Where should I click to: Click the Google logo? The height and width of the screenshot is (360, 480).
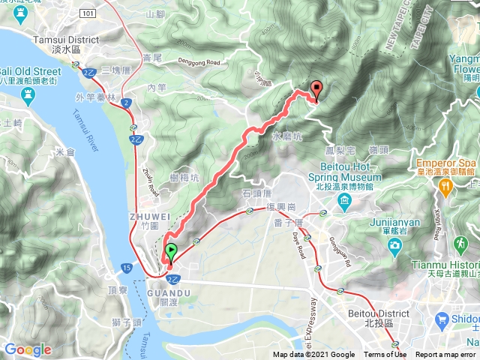pos(28,349)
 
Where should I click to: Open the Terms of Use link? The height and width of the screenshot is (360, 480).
pos(385,355)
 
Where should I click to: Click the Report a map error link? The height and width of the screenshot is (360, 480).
pos(445,355)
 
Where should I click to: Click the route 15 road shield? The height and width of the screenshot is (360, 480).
pos(124,266)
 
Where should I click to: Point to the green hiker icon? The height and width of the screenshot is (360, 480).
pos(458,244)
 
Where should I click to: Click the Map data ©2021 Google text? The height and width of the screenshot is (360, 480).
pos(313,355)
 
